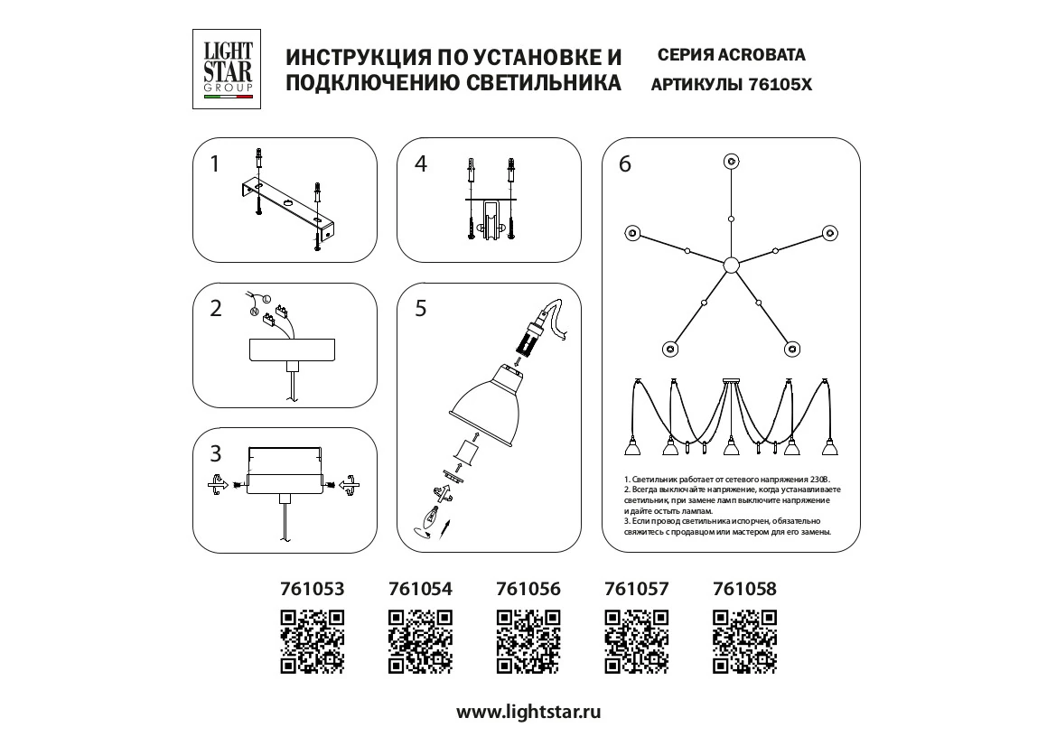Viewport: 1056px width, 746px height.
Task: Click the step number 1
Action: [x=214, y=164]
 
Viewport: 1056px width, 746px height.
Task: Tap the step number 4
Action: [x=420, y=164]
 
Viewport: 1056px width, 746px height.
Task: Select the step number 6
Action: [x=624, y=164]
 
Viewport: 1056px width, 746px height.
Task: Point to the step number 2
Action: [x=215, y=309]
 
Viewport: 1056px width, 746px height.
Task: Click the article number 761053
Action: [x=313, y=589]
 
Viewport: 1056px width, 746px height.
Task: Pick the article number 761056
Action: [x=528, y=589]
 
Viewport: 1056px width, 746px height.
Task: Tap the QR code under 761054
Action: [x=420, y=641]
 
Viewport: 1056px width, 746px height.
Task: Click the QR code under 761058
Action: [x=744, y=641]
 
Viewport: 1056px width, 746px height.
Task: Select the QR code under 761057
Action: [x=637, y=641]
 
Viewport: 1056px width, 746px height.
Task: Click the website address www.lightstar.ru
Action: [x=528, y=711]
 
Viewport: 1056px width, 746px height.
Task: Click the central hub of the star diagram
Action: [x=731, y=265]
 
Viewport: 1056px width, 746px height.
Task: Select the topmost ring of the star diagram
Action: [x=731, y=162]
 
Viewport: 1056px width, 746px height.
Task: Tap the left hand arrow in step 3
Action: [x=216, y=485]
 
